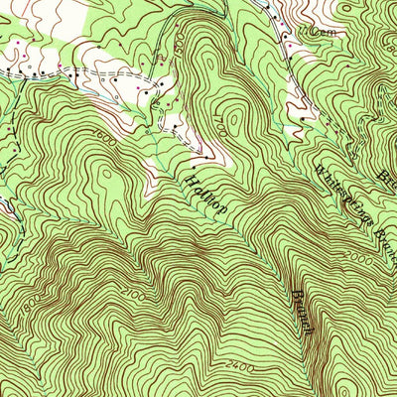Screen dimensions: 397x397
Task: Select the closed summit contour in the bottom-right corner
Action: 372,377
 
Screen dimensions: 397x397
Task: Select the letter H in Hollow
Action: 189,178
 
